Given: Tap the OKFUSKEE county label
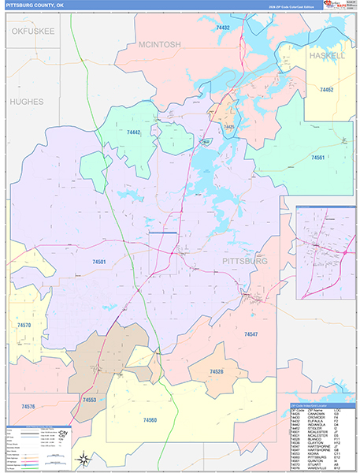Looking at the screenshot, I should tap(32, 31).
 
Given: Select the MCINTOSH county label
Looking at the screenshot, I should tap(161, 44).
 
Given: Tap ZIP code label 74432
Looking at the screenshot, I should tap(222, 28).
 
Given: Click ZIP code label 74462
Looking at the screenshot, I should tap(326, 91).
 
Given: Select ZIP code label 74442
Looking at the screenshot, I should tap(133, 132).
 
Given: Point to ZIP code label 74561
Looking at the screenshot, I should tap(317, 158).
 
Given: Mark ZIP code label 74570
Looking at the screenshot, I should tap(24, 325).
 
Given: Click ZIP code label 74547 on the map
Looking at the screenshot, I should tap(251, 334).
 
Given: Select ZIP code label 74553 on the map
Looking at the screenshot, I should tap(90, 400).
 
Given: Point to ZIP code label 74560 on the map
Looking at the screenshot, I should tap(150, 420).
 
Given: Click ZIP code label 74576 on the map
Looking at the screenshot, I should tap(28, 406).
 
